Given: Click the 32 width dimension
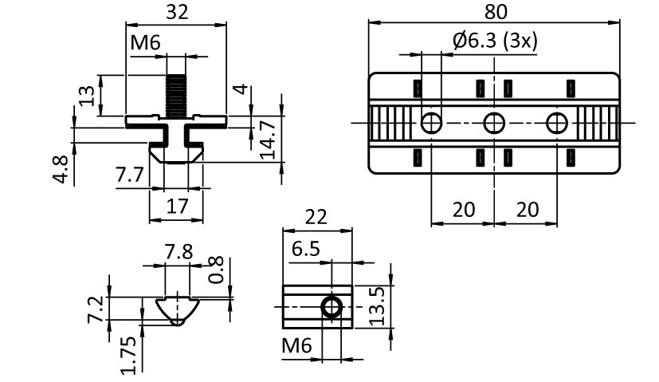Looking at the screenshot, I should pos(178,12).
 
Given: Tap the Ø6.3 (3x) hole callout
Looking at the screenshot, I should pos(494,41).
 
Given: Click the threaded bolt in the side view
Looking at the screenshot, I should pos(175,93).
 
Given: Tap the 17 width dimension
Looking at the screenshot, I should pos(177,207).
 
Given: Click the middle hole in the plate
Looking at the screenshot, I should pos(494,122).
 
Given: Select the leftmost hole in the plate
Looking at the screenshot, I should pos(431,122).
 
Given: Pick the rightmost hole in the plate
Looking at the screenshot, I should pos(556,122).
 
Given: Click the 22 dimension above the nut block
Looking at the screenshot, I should pos(316,216).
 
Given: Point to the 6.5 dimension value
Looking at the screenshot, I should pos(306,249).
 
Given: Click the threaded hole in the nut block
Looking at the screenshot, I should pos(330,306).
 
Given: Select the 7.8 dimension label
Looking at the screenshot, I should pos(178,252).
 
